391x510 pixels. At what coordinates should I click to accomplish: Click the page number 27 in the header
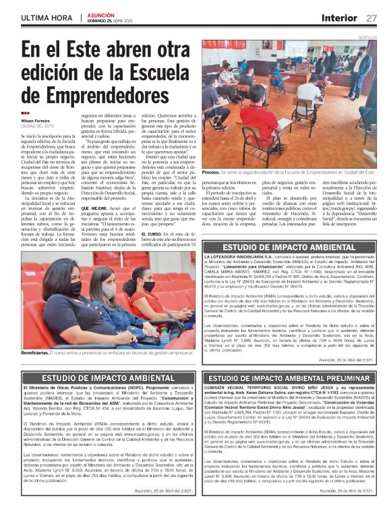(x=371, y=18)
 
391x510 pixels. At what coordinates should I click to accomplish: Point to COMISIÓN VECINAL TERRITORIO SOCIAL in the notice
(x=249, y=389)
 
